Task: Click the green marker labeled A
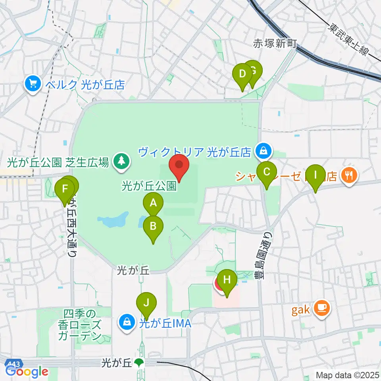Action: [x=153, y=204]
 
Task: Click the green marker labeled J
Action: [x=146, y=303]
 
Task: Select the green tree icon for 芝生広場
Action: [x=119, y=161]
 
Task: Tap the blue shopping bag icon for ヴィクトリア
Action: [x=262, y=151]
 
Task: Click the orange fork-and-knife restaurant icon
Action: [x=349, y=175]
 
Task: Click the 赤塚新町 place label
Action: [x=275, y=43]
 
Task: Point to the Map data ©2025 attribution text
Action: [x=347, y=375]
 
